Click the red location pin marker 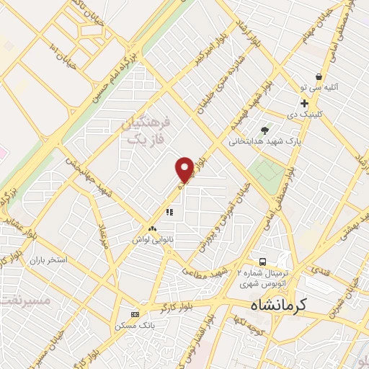coord(185,169)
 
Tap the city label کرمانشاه coord(279,305)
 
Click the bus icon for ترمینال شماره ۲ coord(263,261)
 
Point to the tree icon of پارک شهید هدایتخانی coord(265,130)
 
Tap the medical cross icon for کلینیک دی coord(305,103)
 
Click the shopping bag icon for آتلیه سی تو coord(318,76)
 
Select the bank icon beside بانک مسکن coord(135,314)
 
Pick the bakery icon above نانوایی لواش coord(151,228)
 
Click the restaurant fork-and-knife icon coord(169,212)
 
